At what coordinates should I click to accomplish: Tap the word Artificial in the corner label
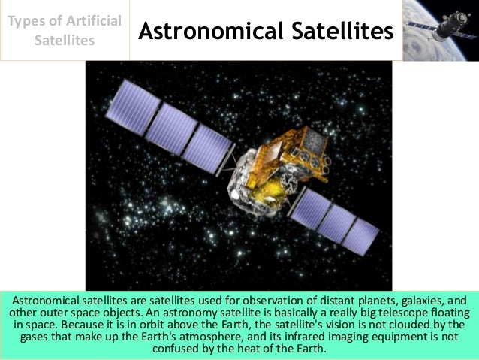[x=92, y=20]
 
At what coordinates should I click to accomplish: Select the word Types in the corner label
[x=29, y=20]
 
